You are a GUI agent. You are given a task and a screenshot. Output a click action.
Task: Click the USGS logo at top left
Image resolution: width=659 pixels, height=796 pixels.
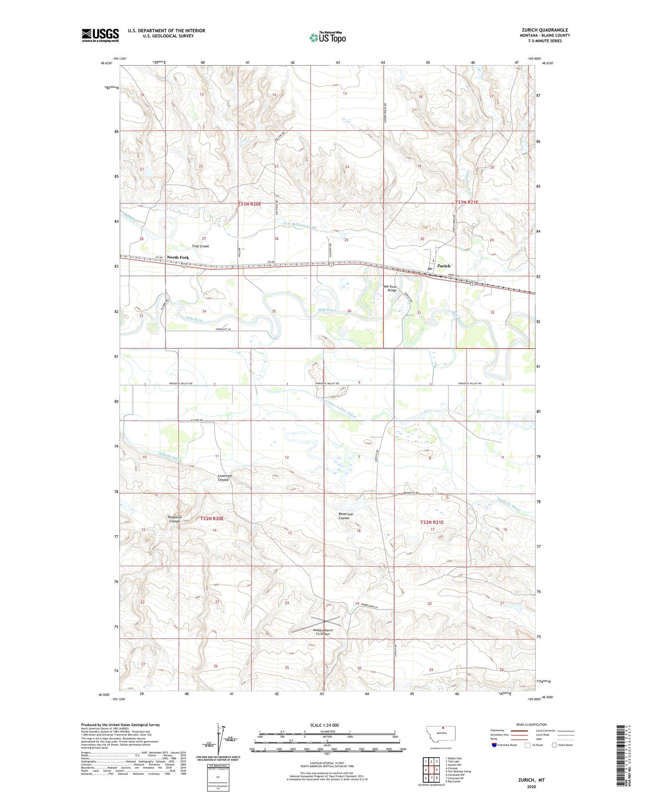tap(100, 35)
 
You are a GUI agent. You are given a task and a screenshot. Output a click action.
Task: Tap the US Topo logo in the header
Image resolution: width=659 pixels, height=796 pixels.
tap(327, 37)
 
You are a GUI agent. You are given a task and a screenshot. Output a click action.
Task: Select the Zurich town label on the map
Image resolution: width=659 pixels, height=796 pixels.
tap(443, 266)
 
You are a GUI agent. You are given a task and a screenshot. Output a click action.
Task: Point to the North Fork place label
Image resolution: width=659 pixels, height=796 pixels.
tap(177, 258)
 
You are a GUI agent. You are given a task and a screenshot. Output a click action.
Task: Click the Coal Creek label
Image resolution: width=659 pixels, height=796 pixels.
tap(200, 246)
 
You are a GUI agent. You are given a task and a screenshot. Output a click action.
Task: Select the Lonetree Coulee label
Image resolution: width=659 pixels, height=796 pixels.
tap(224, 478)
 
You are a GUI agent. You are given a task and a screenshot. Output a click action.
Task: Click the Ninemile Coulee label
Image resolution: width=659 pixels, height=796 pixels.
tap(175, 519)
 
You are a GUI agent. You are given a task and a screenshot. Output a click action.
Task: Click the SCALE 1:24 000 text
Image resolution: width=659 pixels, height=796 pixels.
tap(324, 725)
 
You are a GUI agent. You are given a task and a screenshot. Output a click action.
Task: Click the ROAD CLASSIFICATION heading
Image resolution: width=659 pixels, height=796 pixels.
tap(531, 724)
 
